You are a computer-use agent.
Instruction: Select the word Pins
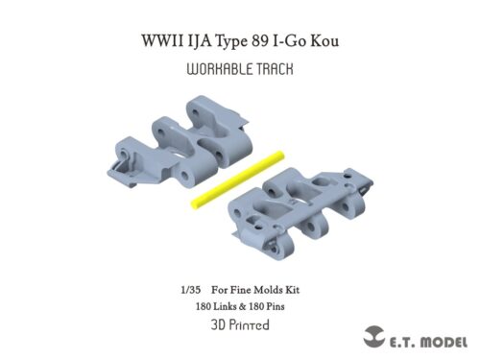(x=274, y=307)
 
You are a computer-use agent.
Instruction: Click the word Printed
(x=249, y=324)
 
